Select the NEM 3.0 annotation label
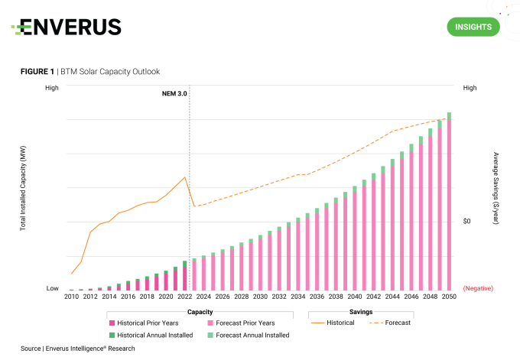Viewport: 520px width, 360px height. pyautogui.click(x=176, y=92)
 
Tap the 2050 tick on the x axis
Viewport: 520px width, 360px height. pyautogui.click(x=449, y=297)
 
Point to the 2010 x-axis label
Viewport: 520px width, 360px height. pyautogui.click(x=71, y=297)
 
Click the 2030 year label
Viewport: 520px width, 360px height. pyautogui.click(x=260, y=297)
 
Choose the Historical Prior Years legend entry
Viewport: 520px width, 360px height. pyautogui.click(x=145, y=323)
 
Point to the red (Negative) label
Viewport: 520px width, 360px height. pyautogui.click(x=478, y=288)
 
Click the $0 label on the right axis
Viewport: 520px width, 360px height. pyautogui.click(x=470, y=221)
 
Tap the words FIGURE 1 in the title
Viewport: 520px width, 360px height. pyautogui.click(x=37, y=71)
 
